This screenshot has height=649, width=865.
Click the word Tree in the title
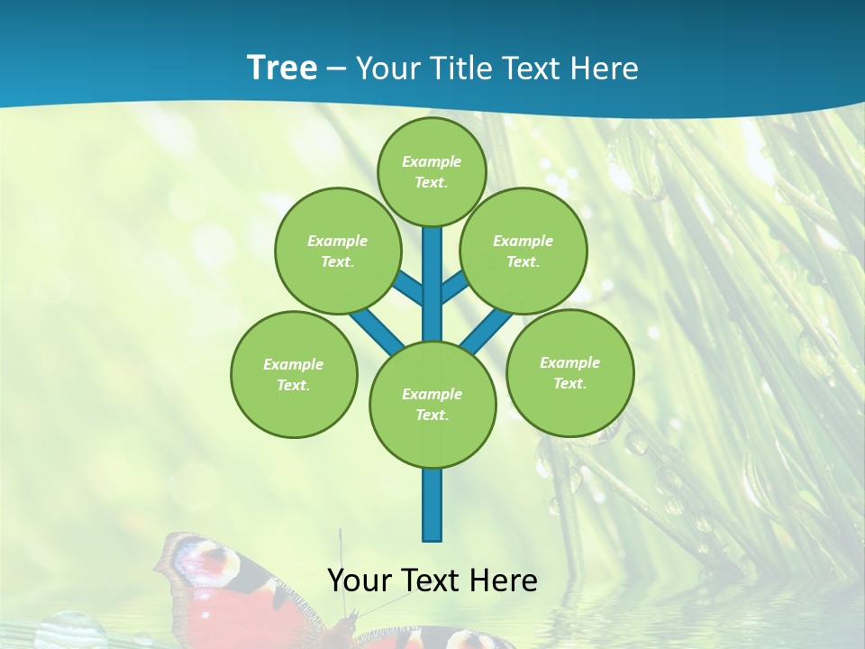(282, 69)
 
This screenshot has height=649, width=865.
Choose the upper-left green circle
(337, 251)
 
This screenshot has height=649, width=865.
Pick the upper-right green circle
(524, 251)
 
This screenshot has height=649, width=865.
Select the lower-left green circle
(294, 374)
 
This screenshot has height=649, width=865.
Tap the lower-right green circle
(569, 372)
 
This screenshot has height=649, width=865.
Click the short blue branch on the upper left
(407, 288)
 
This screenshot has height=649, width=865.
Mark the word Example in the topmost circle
(432, 161)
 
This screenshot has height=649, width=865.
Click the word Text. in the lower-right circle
(569, 383)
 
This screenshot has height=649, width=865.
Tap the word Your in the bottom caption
(359, 580)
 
